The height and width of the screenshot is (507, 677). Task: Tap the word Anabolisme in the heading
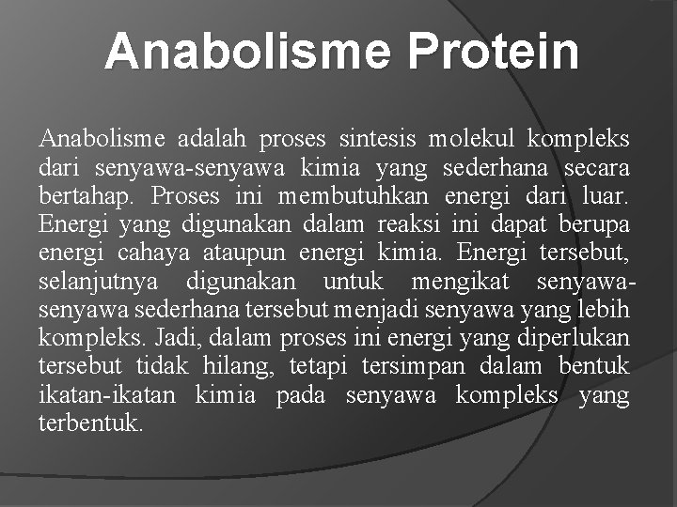tap(246, 51)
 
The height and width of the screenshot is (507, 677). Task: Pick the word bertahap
tap(87, 197)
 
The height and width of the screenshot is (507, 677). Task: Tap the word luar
tap(603, 197)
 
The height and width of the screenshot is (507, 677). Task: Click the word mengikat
tap(463, 282)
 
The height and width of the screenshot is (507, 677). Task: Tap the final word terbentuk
tap(90, 423)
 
